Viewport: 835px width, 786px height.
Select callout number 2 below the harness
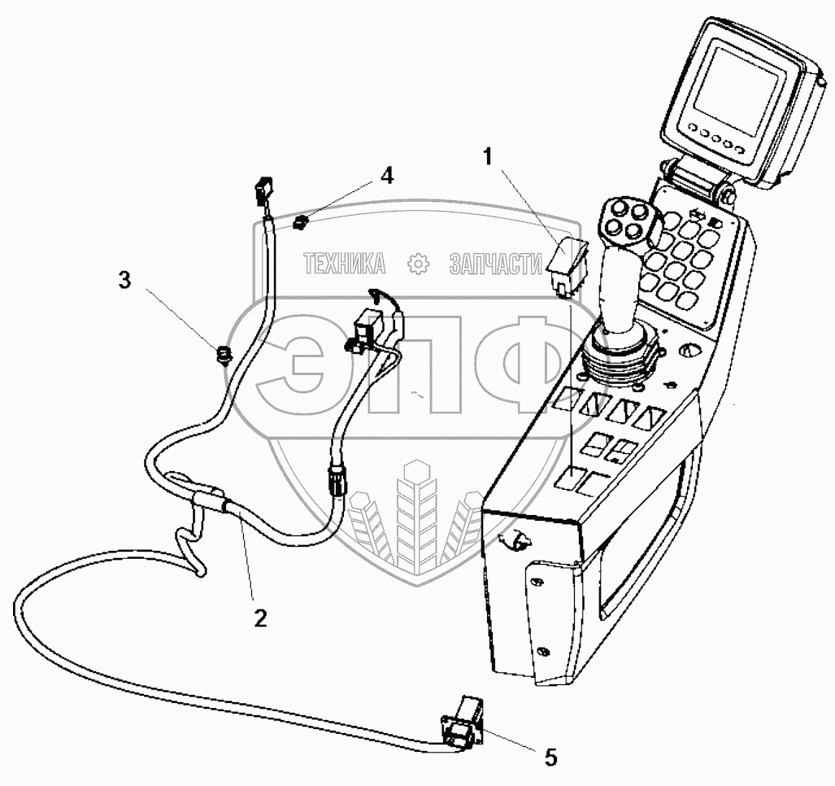click(259, 618)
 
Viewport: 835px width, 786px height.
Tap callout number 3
click(124, 281)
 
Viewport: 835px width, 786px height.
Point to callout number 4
click(388, 176)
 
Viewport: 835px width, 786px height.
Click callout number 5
click(550, 758)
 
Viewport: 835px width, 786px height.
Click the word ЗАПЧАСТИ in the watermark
click(496, 263)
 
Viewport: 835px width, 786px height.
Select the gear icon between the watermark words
click(417, 263)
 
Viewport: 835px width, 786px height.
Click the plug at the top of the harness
click(263, 193)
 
